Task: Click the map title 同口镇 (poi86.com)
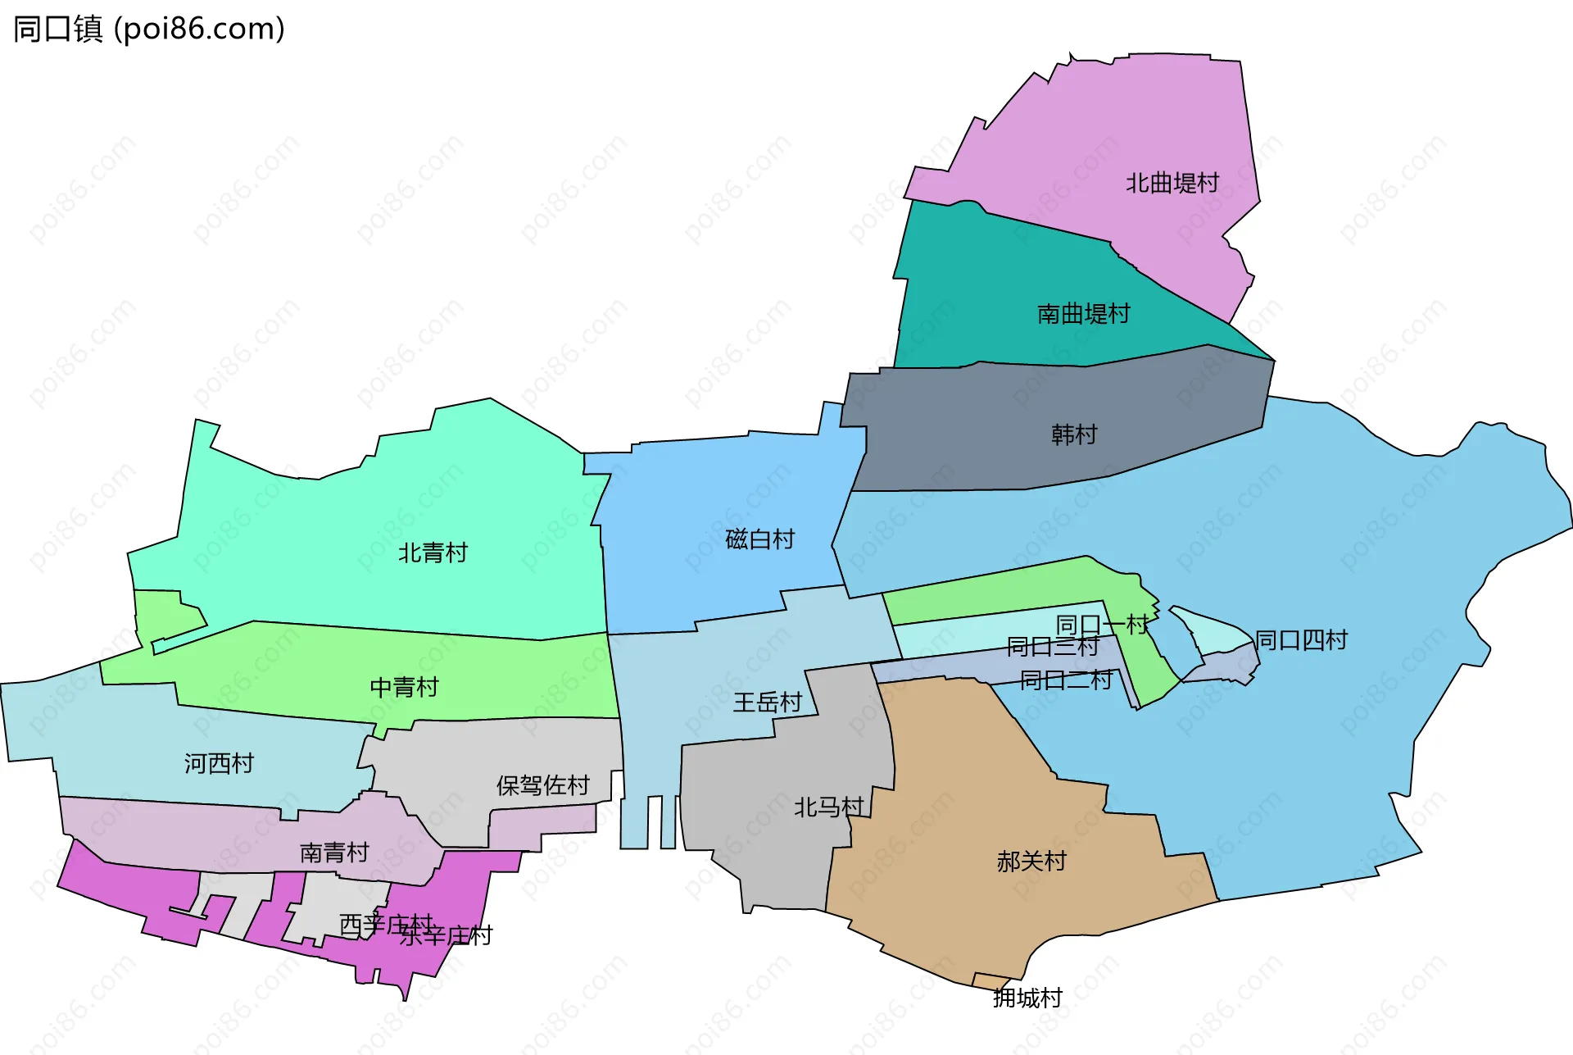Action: (149, 30)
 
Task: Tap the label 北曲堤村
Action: (1172, 183)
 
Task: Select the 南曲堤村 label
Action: (1083, 314)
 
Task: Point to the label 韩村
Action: (1073, 434)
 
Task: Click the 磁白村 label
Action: (759, 539)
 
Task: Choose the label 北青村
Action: (433, 553)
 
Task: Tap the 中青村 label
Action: (404, 687)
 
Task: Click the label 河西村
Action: (219, 764)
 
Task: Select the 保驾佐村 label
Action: (542, 786)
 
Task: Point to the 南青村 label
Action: (334, 853)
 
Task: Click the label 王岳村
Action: (767, 703)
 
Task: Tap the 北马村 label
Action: (828, 807)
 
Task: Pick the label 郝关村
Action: (1031, 862)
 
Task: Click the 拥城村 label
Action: (1027, 998)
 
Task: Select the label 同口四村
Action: (1301, 640)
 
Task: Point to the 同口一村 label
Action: (1102, 625)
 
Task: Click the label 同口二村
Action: (1066, 680)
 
